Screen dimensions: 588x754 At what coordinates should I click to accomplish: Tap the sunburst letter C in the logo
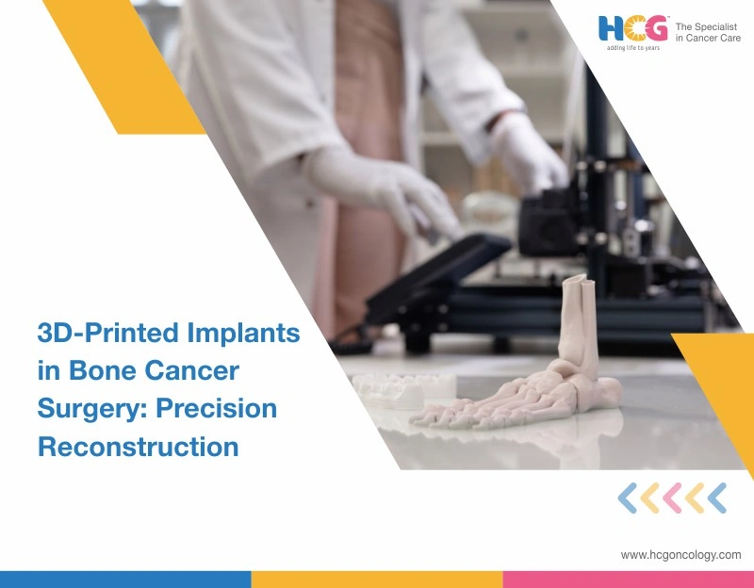tap(634, 27)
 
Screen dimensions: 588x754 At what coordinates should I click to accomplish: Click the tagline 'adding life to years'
tap(633, 49)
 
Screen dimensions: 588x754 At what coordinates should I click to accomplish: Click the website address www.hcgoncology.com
tap(680, 555)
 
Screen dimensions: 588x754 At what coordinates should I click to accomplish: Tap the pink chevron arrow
tap(672, 498)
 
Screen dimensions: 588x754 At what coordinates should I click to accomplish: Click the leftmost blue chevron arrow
tap(627, 498)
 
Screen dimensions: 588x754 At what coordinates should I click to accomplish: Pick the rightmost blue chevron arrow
tap(716, 498)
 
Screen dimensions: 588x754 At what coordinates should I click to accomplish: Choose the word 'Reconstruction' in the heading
tap(138, 446)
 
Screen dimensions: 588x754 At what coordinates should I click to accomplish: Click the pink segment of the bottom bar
tap(628, 579)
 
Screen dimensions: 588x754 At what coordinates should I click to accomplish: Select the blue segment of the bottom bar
tap(125, 579)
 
